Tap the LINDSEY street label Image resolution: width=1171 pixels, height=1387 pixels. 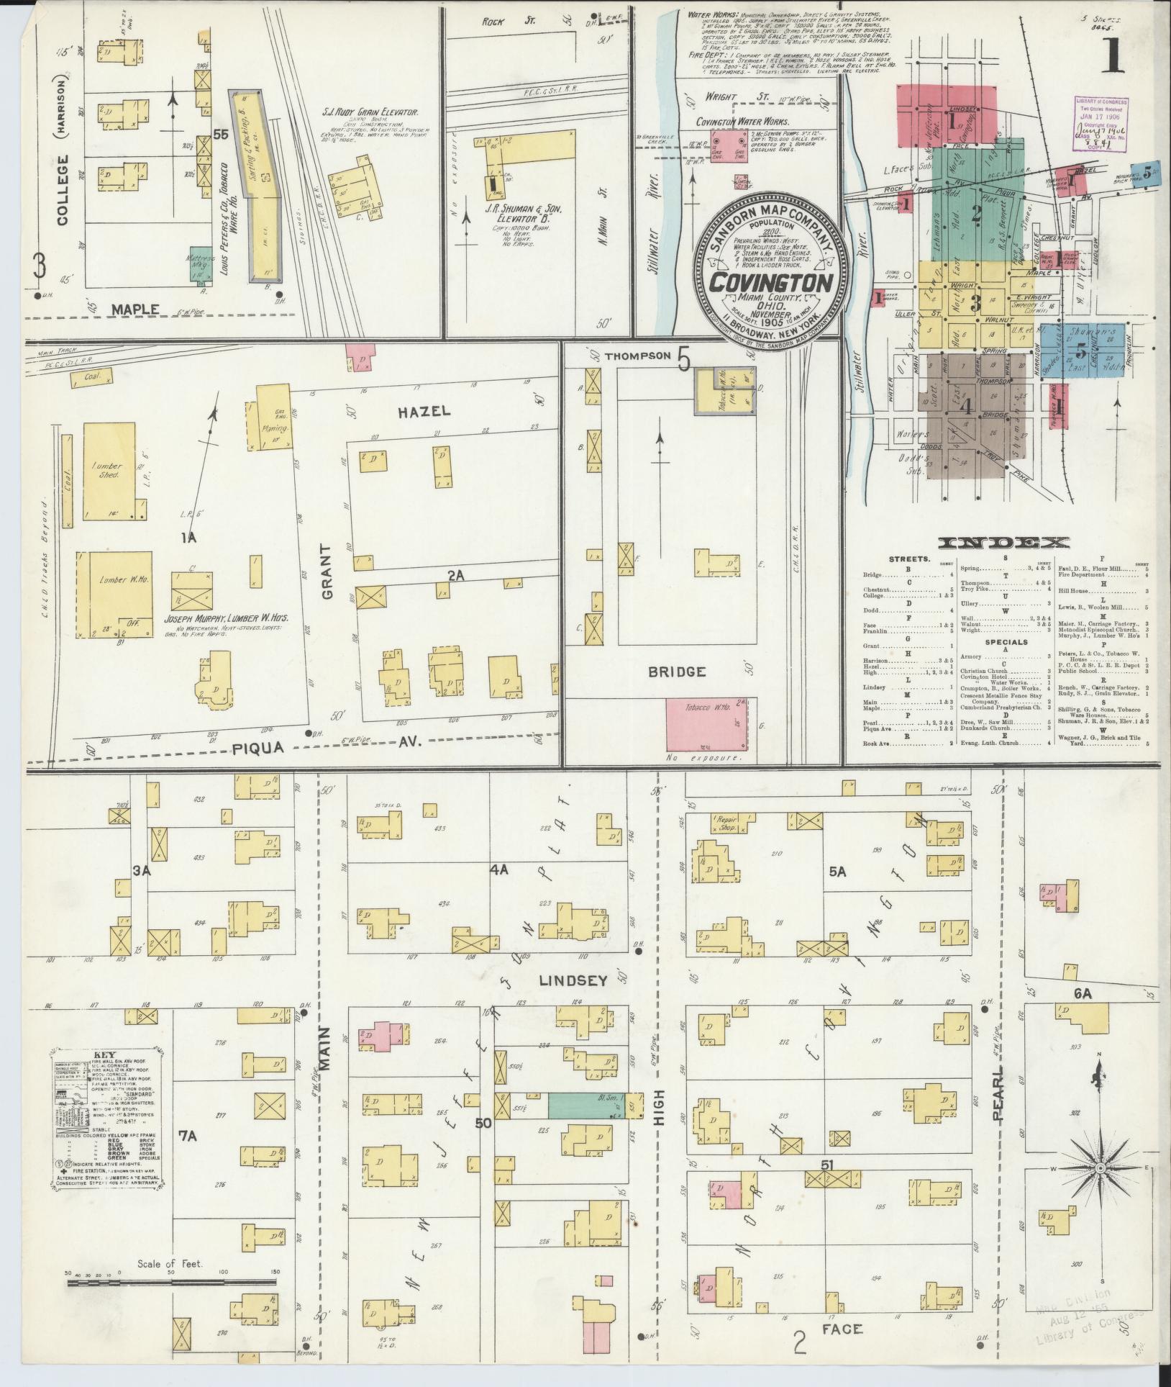573,980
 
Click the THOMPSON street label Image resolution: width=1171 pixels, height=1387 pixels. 637,356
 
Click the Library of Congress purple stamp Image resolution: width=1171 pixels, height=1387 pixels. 1101,124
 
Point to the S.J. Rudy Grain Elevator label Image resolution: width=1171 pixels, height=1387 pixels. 370,112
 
